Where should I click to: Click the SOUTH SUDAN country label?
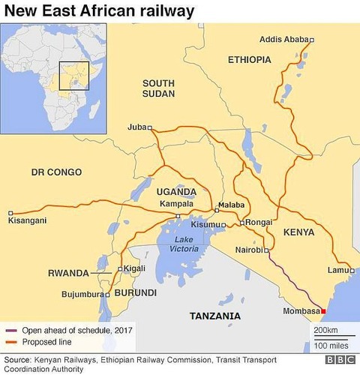pos(158,88)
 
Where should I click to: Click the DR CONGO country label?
pos(56,172)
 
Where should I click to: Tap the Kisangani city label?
pos(27,220)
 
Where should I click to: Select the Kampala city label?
pos(178,204)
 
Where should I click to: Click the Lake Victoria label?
pos(182,244)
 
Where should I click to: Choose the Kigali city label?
pos(135,268)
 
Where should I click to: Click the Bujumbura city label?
pos(79,295)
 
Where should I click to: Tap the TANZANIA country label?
pos(215,315)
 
